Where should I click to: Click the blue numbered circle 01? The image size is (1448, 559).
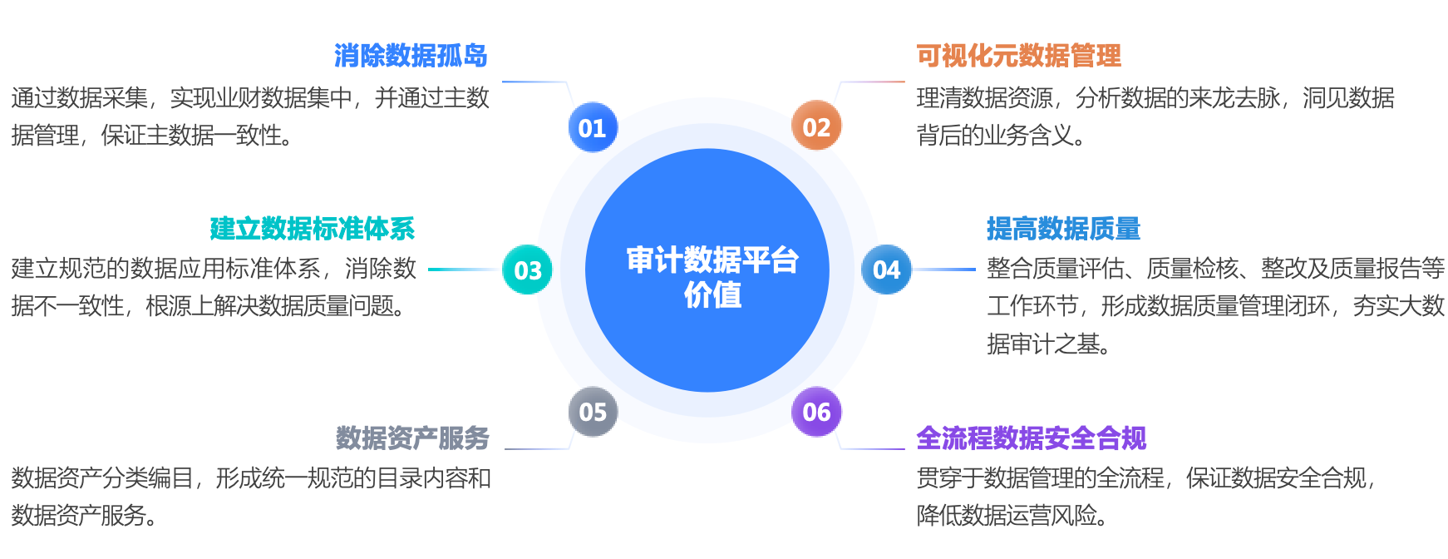(x=593, y=127)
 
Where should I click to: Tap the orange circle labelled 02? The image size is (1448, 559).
(x=816, y=126)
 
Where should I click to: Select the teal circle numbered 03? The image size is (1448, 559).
(x=528, y=270)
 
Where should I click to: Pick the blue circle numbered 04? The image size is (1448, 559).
(x=886, y=270)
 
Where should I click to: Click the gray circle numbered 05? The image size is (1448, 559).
(x=593, y=412)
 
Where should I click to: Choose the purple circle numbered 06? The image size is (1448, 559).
(x=816, y=412)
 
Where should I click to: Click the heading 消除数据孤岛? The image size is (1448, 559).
(x=411, y=56)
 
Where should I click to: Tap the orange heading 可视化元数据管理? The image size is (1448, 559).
(x=1018, y=56)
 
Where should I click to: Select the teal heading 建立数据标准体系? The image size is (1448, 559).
(x=312, y=228)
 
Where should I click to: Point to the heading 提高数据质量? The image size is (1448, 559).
(x=1063, y=228)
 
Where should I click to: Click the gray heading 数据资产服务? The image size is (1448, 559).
(x=412, y=438)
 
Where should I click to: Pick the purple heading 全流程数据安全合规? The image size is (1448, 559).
(x=1031, y=438)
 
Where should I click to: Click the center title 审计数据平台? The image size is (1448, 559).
(x=712, y=260)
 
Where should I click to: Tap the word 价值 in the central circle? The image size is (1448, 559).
(x=712, y=294)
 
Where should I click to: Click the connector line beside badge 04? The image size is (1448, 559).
(x=944, y=270)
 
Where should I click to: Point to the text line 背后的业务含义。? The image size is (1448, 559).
(x=1001, y=135)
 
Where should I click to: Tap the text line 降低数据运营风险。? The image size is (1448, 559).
(x=1012, y=516)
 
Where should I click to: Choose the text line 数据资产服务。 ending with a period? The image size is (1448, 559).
(x=85, y=516)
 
